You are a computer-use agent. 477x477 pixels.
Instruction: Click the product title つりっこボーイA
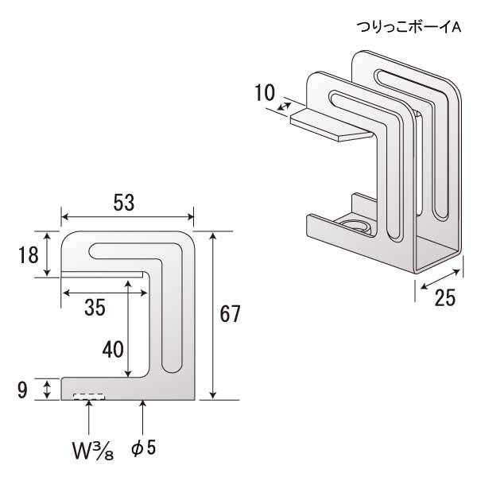click(409, 28)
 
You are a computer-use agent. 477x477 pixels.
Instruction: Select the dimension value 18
click(26, 255)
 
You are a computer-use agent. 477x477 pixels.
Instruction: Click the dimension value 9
click(22, 390)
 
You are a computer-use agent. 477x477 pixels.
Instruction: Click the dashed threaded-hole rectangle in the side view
click(89, 395)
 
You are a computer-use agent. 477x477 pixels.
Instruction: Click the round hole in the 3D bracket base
click(355, 227)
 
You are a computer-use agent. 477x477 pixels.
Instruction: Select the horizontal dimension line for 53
click(127, 216)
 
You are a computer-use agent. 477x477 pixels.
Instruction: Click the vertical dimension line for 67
click(214, 315)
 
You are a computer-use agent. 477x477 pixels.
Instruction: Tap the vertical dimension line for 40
click(128, 326)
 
